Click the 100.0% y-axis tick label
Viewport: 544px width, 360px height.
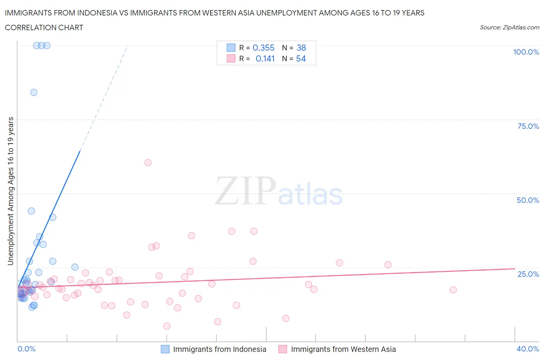tap(526, 52)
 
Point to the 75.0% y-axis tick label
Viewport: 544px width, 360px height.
tap(528, 126)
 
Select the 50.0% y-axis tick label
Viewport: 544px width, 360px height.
tap(528, 200)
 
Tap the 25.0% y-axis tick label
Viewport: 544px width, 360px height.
tap(528, 274)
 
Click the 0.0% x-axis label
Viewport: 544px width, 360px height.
tap(26, 349)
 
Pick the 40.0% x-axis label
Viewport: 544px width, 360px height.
tap(528, 349)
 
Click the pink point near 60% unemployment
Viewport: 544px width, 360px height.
tap(148, 163)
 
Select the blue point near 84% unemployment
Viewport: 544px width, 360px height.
tap(34, 93)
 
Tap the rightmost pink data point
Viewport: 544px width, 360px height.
tap(453, 290)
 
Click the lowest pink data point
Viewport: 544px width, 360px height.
tap(167, 326)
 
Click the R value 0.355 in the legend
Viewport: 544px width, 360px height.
tap(263, 48)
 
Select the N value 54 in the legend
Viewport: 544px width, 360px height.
tap(301, 58)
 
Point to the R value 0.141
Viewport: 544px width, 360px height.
tap(265, 58)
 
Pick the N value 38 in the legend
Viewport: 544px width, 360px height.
tap(301, 48)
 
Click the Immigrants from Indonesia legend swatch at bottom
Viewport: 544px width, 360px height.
tap(165, 349)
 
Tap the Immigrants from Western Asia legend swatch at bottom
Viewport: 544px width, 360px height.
tap(283, 349)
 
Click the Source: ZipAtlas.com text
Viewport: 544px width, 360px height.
tap(509, 27)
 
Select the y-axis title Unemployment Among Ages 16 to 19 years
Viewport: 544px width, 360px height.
tap(11, 191)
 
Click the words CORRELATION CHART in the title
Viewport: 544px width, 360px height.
tap(44, 27)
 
